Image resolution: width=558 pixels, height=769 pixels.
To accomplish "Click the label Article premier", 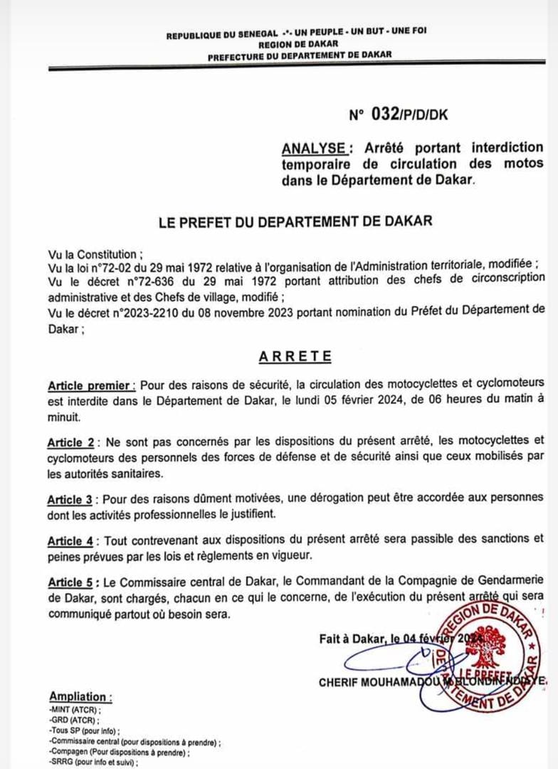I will [92, 386].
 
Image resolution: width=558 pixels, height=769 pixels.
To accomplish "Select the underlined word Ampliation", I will [80, 696].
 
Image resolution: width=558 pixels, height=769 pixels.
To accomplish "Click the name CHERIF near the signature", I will [341, 682].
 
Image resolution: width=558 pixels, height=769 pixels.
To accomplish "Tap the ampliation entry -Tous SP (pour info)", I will [84, 731].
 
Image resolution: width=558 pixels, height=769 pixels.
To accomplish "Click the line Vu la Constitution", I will [95, 253].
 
